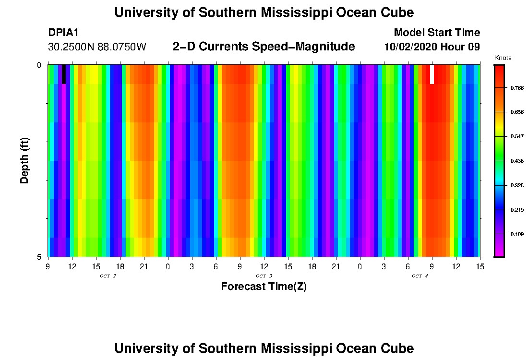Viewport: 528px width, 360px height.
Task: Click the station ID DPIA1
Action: pos(63,33)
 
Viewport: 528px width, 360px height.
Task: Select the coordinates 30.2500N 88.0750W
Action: pos(97,47)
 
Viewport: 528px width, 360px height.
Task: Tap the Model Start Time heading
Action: pos(436,33)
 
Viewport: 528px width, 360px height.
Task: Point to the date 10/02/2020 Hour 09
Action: pos(432,47)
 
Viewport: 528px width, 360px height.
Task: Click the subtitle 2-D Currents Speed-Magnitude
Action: pos(264,47)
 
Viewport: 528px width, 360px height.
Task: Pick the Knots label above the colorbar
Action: pos(503,58)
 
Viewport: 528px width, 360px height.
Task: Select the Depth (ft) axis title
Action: pos(25,160)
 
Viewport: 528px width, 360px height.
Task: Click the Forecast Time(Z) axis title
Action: pos(264,287)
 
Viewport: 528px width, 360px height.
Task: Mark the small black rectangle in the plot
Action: pos(64,74)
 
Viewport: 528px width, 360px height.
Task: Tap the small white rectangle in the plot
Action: pos(432,74)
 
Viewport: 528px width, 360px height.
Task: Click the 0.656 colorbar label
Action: pos(516,112)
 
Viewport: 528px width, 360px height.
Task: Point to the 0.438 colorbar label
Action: pos(516,161)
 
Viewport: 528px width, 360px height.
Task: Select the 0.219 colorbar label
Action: pos(516,210)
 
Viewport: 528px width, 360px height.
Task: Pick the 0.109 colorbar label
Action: pos(516,234)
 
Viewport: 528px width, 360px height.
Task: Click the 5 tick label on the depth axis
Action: pos(40,257)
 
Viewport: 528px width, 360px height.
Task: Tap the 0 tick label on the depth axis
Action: pos(40,65)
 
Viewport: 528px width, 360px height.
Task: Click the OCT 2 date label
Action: pos(108,276)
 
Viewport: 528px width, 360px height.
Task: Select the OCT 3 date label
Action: pos(264,276)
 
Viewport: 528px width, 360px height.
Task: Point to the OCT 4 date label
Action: pos(420,276)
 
